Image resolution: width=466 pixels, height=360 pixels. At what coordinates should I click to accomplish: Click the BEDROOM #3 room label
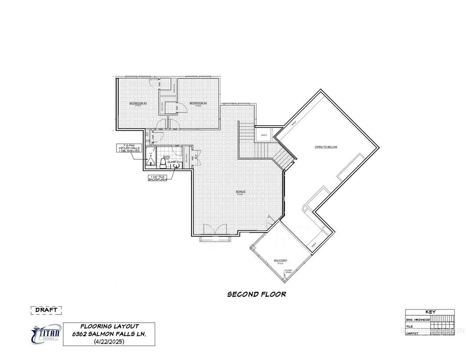(x=138, y=103)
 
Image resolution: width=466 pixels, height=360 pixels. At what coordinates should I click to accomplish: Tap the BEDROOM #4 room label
(x=198, y=103)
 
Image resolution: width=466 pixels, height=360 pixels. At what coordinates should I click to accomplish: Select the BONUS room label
(x=240, y=192)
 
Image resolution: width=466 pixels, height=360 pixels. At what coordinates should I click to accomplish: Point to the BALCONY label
(x=279, y=261)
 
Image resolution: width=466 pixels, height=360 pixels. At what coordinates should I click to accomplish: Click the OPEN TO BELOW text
(x=326, y=147)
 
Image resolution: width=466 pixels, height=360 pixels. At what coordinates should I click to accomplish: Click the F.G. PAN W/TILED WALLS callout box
(x=130, y=148)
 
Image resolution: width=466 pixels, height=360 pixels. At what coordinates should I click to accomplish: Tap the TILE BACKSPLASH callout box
(x=158, y=178)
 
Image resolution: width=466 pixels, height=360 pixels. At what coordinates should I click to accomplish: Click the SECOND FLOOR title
(x=257, y=294)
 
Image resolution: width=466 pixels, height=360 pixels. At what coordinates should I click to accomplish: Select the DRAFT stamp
(x=46, y=310)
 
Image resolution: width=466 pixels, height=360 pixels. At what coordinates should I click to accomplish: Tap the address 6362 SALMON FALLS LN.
(x=109, y=334)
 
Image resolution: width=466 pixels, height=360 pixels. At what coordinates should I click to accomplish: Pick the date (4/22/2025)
(x=109, y=341)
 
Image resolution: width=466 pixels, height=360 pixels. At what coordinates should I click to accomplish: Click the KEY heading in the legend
(x=430, y=312)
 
